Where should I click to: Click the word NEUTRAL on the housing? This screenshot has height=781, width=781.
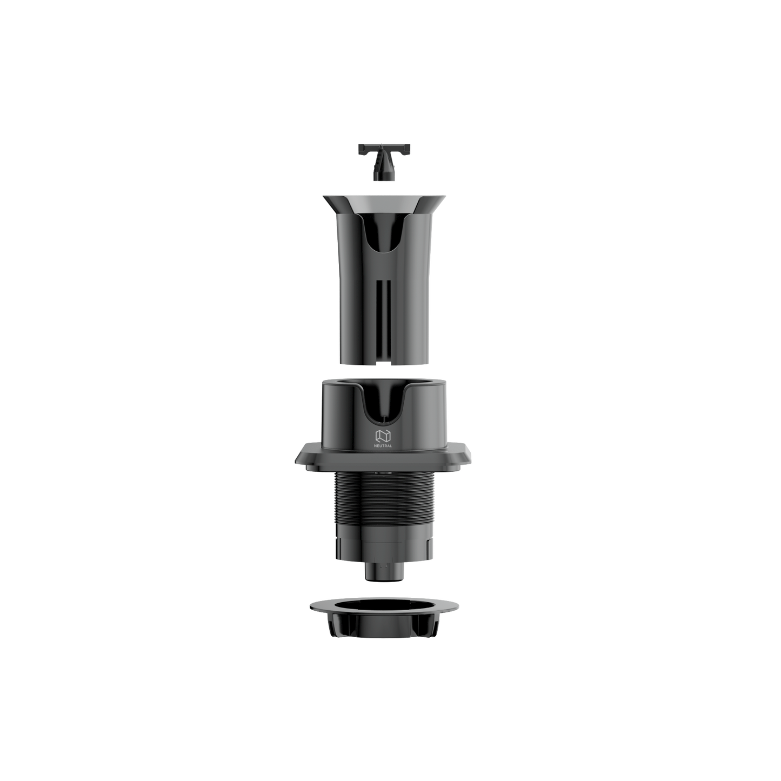point(383,445)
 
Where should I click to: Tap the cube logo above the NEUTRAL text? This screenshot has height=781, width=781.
point(383,435)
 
